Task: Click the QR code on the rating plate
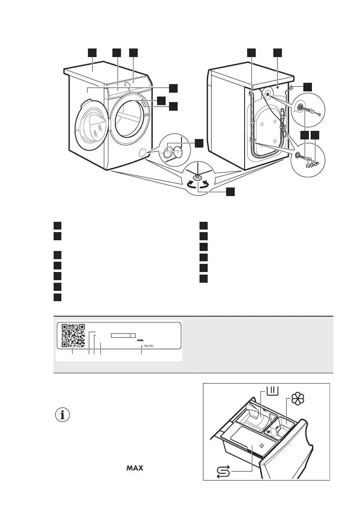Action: coord(73,336)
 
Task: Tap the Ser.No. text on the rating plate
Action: coord(149,345)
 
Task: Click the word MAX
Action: coord(135,468)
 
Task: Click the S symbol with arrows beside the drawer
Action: coord(224,472)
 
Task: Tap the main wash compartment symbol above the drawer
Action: coord(273,390)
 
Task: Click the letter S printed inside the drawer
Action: coord(261,445)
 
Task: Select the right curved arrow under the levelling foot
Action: coord(205,185)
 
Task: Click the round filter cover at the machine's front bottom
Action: coord(142,152)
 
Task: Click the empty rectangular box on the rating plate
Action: coord(123,336)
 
